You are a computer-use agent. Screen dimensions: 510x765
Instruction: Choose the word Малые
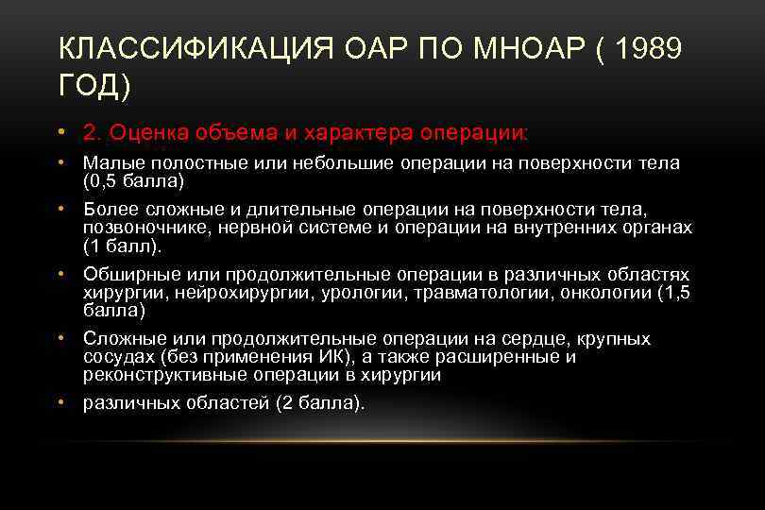[x=110, y=163]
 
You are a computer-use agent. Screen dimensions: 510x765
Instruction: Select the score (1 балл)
[x=123, y=246]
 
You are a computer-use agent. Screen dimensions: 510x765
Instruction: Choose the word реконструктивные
[x=159, y=374]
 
